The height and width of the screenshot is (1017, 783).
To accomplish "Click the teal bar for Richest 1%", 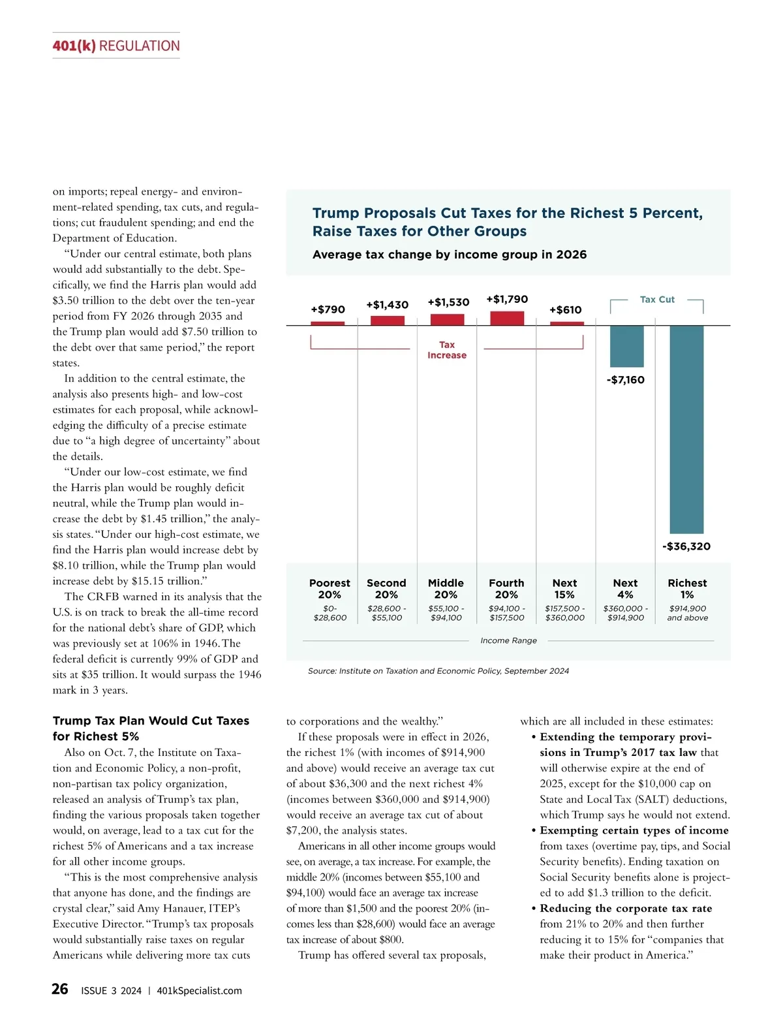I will pyautogui.click(x=686, y=429).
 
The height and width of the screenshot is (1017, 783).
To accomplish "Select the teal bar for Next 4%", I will pyautogui.click(x=626, y=346).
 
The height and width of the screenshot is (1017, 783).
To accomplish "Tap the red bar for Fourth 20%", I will pyautogui.click(x=507, y=318).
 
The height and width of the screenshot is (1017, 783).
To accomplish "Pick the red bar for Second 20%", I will pyautogui.click(x=387, y=321).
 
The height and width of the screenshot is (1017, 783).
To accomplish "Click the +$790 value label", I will pyautogui.click(x=328, y=309).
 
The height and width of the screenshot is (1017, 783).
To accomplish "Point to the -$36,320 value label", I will pyautogui.click(x=686, y=546).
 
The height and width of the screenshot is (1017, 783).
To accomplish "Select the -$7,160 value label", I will pyautogui.click(x=626, y=380).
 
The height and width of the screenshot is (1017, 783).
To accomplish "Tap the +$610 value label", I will pyautogui.click(x=565, y=310).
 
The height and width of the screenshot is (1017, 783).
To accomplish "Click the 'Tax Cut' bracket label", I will pyautogui.click(x=657, y=300).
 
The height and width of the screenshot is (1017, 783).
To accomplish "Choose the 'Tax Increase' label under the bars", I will pyautogui.click(x=447, y=350).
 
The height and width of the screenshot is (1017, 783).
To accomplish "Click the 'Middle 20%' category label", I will pyautogui.click(x=446, y=589).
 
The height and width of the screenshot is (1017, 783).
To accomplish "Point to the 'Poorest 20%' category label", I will pyautogui.click(x=330, y=589).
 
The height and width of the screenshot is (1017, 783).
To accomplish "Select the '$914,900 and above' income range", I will pyautogui.click(x=687, y=613).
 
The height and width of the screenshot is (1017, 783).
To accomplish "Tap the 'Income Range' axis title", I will pyautogui.click(x=508, y=641).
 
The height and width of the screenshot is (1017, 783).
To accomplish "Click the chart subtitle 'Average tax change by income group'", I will pyautogui.click(x=450, y=255).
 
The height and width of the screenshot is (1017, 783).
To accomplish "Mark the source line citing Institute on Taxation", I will pyautogui.click(x=438, y=671).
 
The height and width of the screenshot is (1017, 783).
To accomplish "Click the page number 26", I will pyautogui.click(x=60, y=990).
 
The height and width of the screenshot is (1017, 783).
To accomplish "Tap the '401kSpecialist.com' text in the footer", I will pyautogui.click(x=199, y=991).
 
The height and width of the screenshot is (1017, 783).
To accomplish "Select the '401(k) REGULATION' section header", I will pyautogui.click(x=116, y=46).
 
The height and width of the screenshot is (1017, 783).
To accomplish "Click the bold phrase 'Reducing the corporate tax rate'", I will pyautogui.click(x=625, y=909).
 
